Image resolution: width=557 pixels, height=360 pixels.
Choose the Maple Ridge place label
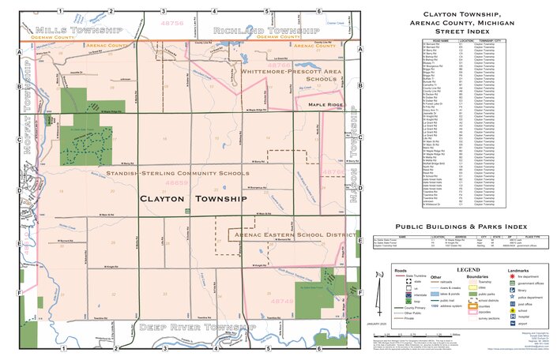[326, 104]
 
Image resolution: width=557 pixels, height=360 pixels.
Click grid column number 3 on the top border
[164, 12]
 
